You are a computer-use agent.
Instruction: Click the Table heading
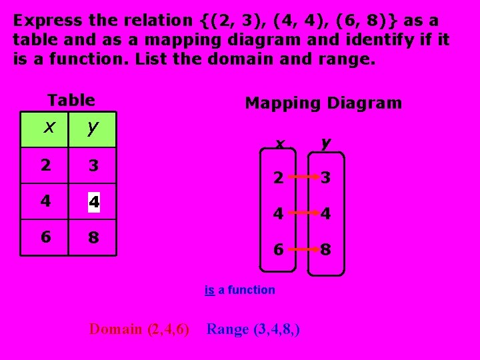click(71, 101)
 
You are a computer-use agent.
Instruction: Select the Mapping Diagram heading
click(323, 103)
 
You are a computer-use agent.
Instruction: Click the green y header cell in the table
click(93, 129)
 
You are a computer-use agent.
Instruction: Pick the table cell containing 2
click(45, 165)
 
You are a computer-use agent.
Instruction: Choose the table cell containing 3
click(93, 165)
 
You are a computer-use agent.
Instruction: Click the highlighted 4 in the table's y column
click(94, 201)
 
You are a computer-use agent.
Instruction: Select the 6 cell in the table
click(45, 237)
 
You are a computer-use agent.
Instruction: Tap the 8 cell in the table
click(93, 237)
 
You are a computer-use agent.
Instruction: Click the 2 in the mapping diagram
click(278, 179)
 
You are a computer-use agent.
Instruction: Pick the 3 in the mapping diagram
click(325, 179)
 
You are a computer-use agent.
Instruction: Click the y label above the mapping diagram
click(325, 143)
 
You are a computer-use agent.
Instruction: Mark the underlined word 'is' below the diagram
click(209, 290)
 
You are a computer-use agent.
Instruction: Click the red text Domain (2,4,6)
click(139, 329)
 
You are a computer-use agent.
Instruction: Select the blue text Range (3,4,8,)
click(253, 329)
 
